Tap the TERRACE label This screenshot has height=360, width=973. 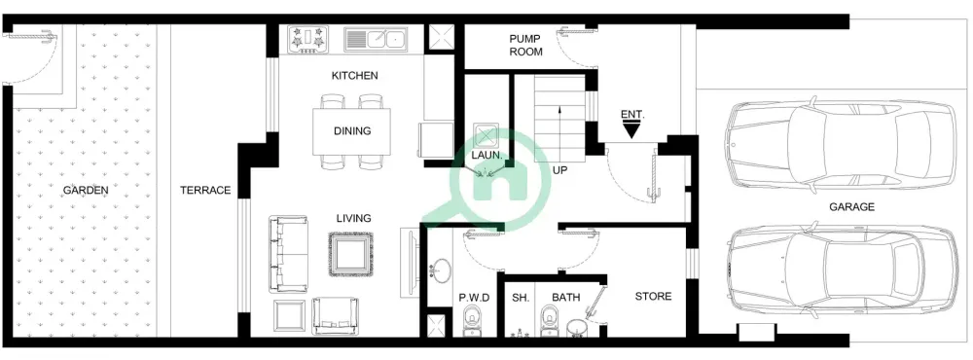click(x=204, y=191)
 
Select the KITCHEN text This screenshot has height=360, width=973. click(x=354, y=76)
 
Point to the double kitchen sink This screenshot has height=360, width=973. click(x=375, y=40)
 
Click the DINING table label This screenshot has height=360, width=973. click(x=351, y=131)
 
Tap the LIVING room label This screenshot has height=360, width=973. click(x=353, y=219)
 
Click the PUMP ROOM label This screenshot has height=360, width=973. click(x=525, y=46)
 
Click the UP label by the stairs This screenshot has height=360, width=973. click(x=559, y=170)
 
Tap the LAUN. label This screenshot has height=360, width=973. click(x=486, y=155)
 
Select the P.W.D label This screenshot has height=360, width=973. click(x=473, y=298)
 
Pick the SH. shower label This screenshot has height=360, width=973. click(x=520, y=298)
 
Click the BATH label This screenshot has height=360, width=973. click(x=565, y=298)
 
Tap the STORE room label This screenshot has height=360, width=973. click(x=653, y=297)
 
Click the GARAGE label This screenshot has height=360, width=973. click(x=851, y=207)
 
